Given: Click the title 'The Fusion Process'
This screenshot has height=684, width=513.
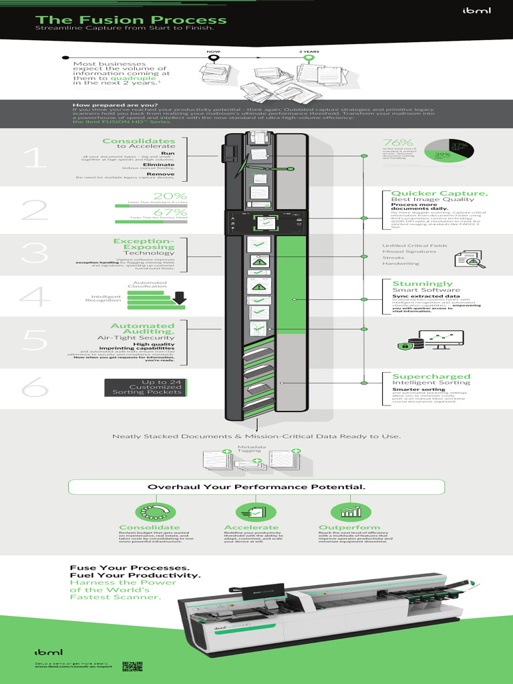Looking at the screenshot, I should coord(131,20).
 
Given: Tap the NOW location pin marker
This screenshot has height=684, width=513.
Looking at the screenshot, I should coord(214,59).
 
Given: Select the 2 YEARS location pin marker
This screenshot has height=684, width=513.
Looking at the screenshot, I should coord(309,59).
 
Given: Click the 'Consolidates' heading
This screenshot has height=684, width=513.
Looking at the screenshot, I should coord(138,141).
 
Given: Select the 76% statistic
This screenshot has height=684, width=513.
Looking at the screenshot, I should coord(397,143).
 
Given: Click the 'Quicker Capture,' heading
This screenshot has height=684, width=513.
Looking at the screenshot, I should coord(430,194).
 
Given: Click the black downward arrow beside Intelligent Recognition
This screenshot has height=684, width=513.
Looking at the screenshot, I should coord(178,299).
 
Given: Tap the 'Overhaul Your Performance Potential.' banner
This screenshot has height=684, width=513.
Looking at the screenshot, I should coord(256,486).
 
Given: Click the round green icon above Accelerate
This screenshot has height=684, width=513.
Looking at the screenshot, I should coord(256,512).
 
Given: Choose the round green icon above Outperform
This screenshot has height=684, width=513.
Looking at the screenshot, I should coord(349,512).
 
